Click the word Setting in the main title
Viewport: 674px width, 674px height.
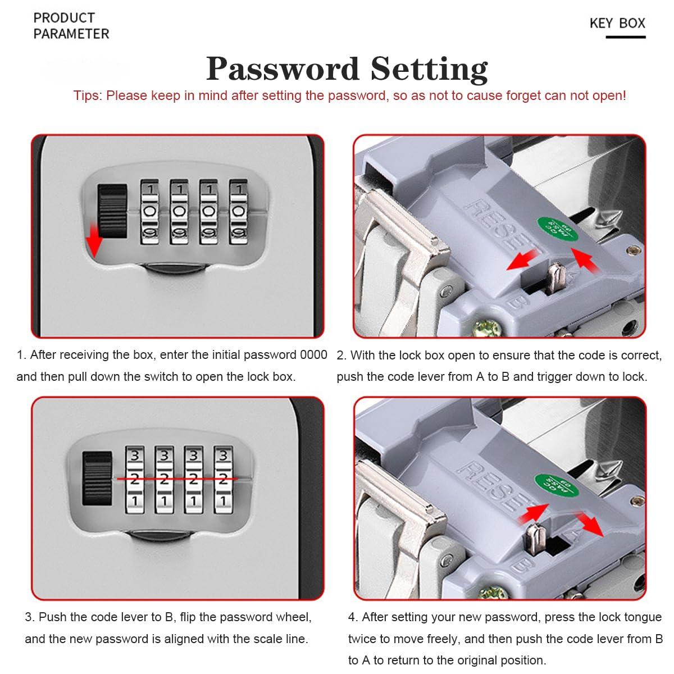point(429,69)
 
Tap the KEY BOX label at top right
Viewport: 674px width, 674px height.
point(617,24)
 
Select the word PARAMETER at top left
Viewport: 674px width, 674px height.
point(71,34)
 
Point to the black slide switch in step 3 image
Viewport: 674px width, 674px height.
point(97,478)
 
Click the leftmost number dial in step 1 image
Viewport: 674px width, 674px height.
point(149,212)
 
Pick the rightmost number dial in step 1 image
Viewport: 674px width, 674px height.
point(238,212)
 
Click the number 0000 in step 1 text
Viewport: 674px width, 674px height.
point(313,355)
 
